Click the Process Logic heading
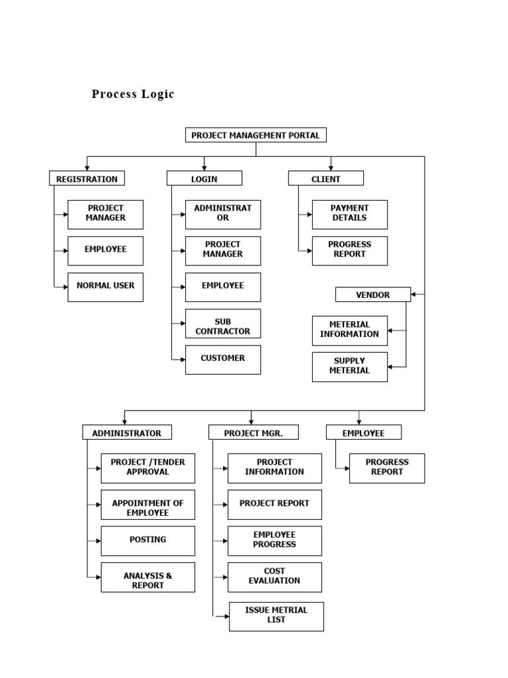tap(132, 94)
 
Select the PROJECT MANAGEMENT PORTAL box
tap(255, 135)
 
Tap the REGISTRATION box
tap(87, 178)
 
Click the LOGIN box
tap(204, 178)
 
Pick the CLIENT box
tap(325, 178)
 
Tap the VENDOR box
tap(373, 295)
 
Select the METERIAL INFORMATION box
tap(349, 330)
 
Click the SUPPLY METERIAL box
tap(349, 366)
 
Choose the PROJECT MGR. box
tap(253, 432)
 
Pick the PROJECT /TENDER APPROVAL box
tap(148, 467)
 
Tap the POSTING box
tap(148, 540)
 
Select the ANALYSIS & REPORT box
tap(148, 577)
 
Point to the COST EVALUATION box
tap(275, 577)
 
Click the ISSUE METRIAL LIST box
tap(276, 616)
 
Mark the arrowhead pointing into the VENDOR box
tap(414, 295)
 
